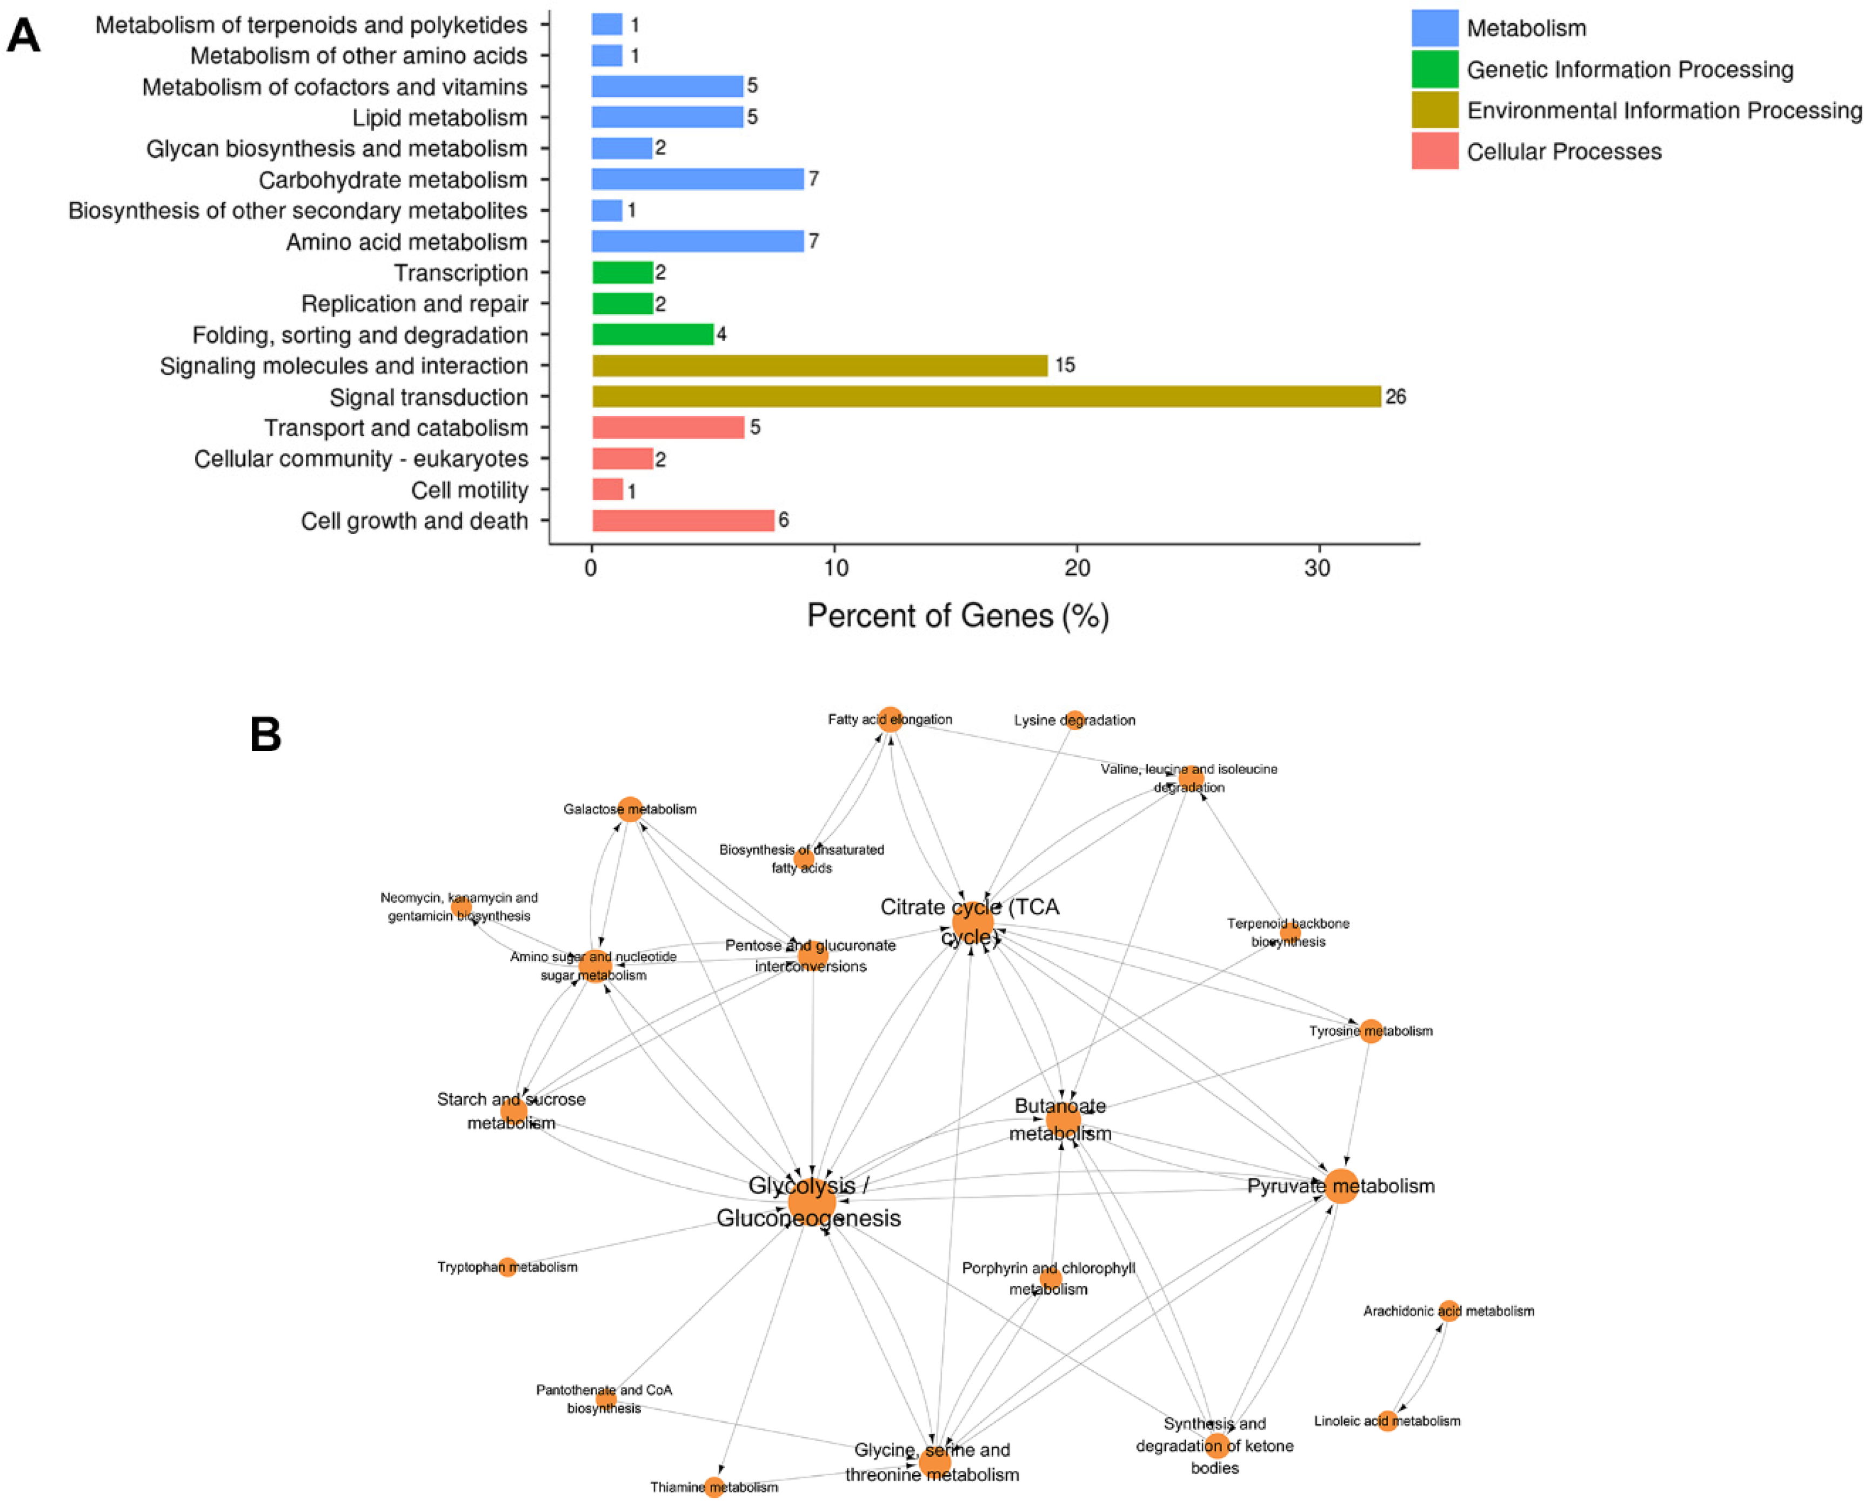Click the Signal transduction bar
click(986, 397)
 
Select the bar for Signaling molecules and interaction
click(819, 365)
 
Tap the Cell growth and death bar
click(683, 521)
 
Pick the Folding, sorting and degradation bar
click(653, 334)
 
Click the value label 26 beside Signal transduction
click(1395, 397)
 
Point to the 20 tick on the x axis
click(1077, 568)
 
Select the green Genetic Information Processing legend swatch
click(1434, 69)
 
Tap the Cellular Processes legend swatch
click(1434, 151)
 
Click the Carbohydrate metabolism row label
click(392, 179)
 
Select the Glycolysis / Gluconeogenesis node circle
click(811, 1201)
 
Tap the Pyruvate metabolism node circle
click(1341, 1185)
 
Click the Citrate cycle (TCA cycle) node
click(972, 922)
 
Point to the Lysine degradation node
click(1074, 719)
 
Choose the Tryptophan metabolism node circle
click(507, 1267)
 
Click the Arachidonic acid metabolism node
click(1447, 1311)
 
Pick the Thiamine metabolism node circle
click(713, 1487)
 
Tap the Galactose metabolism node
click(630, 809)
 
